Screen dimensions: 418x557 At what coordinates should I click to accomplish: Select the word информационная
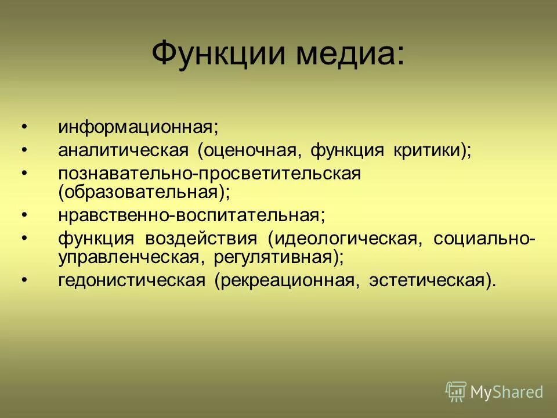(x=138, y=127)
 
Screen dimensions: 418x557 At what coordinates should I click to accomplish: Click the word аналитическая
(x=124, y=150)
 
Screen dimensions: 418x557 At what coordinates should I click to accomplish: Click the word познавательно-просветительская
(x=209, y=174)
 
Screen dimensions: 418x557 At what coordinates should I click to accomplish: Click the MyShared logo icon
(x=455, y=392)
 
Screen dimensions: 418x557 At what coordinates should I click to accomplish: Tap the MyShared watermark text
(x=507, y=392)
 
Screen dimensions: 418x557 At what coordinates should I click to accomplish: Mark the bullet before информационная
(x=24, y=127)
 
